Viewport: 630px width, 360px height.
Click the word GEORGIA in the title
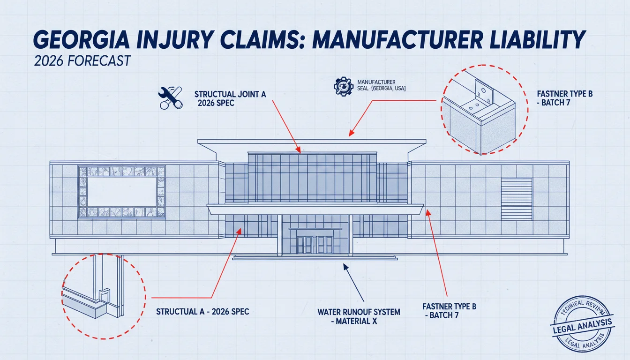tap(82, 40)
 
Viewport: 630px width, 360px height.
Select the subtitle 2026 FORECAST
tap(82, 60)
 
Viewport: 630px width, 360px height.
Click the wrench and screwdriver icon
tap(171, 97)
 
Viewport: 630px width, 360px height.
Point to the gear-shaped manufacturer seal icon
tap(344, 87)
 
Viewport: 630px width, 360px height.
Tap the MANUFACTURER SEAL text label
tap(382, 85)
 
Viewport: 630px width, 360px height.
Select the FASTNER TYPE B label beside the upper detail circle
tap(565, 98)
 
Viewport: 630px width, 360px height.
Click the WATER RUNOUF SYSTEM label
tap(359, 316)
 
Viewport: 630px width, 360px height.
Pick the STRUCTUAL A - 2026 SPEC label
tap(202, 312)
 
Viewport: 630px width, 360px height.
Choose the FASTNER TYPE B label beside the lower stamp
tap(450, 311)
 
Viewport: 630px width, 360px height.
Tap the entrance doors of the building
tap(315, 245)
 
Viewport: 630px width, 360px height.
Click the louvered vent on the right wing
tap(517, 199)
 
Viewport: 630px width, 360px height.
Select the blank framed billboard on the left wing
tap(121, 192)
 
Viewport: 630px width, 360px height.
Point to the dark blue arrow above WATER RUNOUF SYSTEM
tap(353, 282)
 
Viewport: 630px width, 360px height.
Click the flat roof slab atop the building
tap(312, 142)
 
